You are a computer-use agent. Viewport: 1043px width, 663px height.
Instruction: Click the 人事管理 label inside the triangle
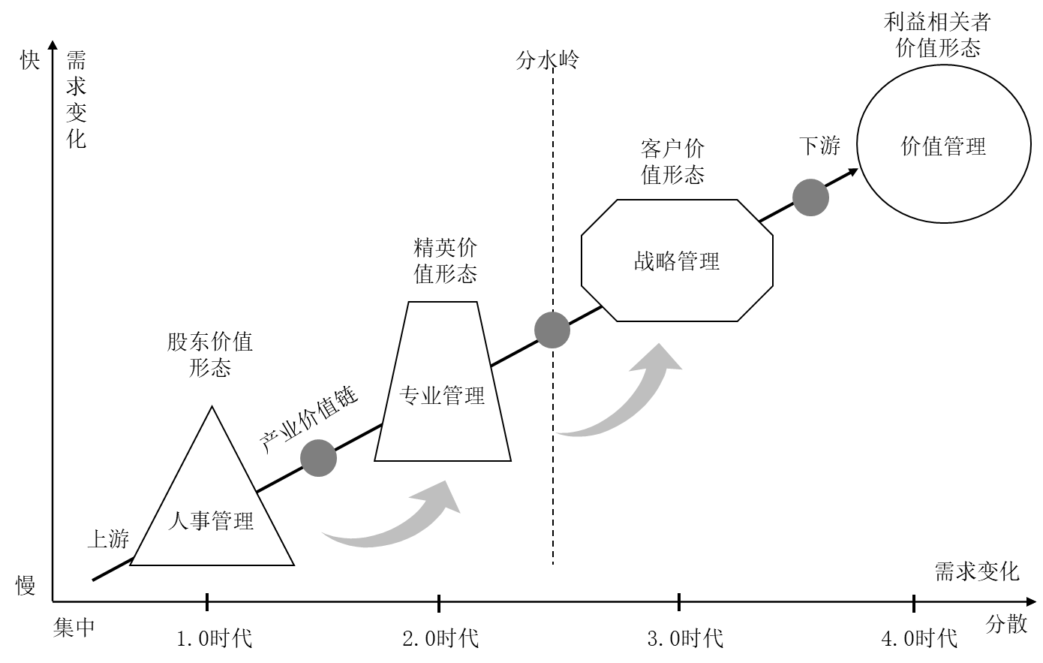[x=211, y=520]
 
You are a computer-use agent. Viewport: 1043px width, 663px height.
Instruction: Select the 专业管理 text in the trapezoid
[x=442, y=396]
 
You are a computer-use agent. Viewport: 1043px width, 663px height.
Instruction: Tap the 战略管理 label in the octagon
[x=677, y=261]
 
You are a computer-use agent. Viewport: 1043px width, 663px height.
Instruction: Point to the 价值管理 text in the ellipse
[x=943, y=146]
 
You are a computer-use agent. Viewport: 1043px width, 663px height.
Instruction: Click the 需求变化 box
[x=972, y=571]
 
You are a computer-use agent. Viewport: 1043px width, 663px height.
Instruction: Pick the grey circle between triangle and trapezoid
[x=318, y=458]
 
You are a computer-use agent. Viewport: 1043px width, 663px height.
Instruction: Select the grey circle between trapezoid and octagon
[x=552, y=330]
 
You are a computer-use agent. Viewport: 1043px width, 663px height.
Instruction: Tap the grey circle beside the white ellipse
[x=810, y=198]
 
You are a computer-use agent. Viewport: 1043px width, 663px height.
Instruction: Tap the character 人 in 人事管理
[x=179, y=520]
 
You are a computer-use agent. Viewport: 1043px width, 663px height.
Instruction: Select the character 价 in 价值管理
[x=911, y=146]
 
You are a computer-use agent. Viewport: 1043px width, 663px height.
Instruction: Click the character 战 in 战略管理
[x=645, y=261]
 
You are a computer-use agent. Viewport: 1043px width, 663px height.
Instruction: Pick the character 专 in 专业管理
[x=410, y=396]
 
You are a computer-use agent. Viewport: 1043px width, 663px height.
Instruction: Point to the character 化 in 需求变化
[x=1009, y=571]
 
